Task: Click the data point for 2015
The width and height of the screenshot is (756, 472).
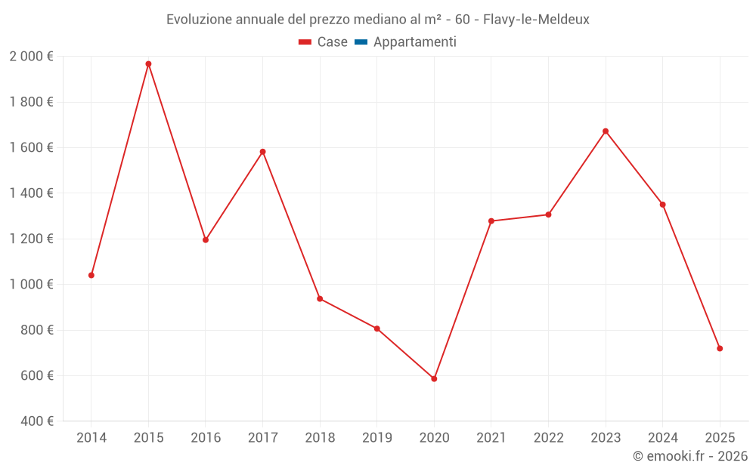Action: click(x=148, y=64)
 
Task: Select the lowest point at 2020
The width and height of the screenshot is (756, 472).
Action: click(x=434, y=378)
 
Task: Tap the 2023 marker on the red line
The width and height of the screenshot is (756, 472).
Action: click(x=606, y=131)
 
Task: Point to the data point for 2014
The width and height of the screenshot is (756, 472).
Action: click(x=91, y=275)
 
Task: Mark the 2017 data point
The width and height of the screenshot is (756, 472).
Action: click(x=262, y=152)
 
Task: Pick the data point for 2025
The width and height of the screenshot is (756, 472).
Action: click(x=720, y=348)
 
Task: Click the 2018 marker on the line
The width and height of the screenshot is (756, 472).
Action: click(x=320, y=299)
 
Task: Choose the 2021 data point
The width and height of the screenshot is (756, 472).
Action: click(x=491, y=221)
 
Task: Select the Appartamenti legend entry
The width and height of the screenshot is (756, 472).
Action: click(x=414, y=42)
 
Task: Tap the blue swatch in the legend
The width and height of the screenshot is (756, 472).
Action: click(x=361, y=42)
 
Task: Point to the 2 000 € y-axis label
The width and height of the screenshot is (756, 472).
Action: click(x=31, y=57)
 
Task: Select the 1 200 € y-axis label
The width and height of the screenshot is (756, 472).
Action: click(x=31, y=239)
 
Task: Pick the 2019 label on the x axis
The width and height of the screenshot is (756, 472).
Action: click(x=377, y=437)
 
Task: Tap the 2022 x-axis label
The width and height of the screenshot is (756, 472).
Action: click(x=548, y=437)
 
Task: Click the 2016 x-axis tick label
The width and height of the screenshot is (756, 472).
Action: click(x=206, y=437)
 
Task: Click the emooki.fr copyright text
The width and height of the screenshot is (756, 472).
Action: click(x=690, y=456)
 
